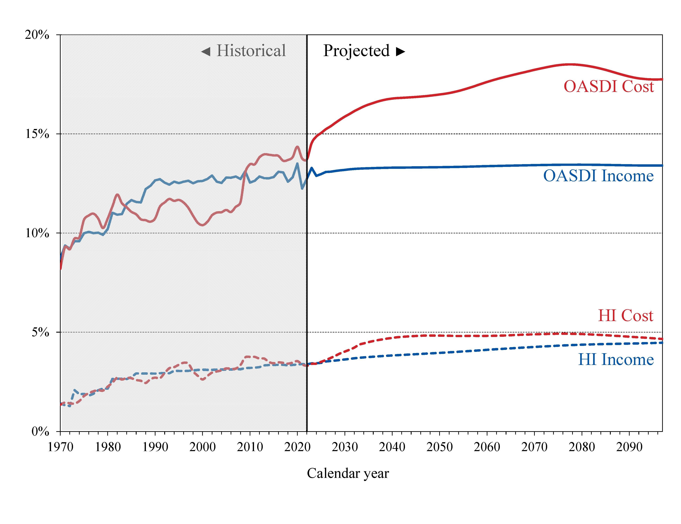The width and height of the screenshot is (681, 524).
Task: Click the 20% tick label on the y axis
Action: tap(37, 35)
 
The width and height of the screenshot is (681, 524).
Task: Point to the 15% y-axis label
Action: tap(37, 134)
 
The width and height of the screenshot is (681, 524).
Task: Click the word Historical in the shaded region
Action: tap(251, 51)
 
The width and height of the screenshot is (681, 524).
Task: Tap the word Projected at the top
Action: tap(356, 51)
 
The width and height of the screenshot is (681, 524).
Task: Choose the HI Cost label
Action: tap(625, 316)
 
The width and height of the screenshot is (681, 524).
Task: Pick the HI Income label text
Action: tap(616, 360)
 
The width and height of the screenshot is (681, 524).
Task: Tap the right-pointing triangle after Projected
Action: tap(400, 51)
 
